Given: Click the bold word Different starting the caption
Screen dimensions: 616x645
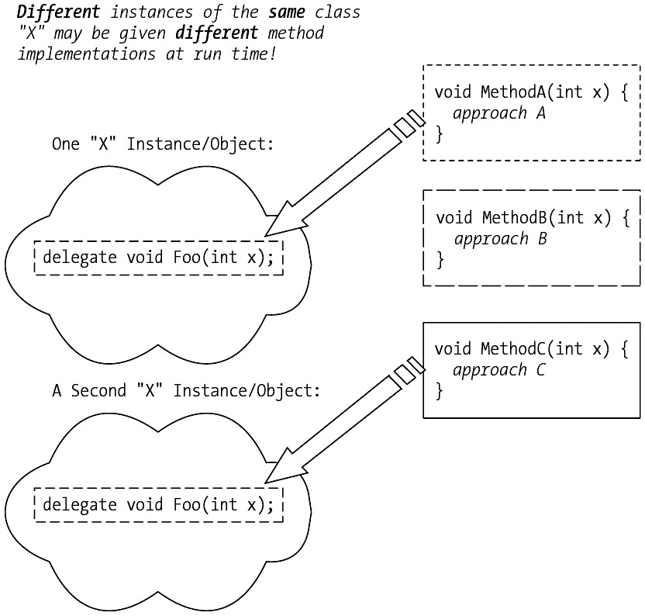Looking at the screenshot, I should pos(60,13).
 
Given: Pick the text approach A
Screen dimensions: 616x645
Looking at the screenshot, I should pos(499,113).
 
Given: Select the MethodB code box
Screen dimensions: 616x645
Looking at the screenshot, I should pos(532,237).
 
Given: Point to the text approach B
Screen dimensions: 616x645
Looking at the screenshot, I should pos(501,238).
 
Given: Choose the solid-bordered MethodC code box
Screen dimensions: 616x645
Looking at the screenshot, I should pos(532,370).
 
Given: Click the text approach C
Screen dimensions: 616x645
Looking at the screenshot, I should pos(498,370).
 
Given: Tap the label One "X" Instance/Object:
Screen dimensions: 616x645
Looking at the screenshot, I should pos(163,144).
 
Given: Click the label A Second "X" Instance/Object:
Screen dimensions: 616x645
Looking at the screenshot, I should pos(186,390).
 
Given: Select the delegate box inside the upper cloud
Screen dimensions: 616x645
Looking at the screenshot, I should pos(159,258).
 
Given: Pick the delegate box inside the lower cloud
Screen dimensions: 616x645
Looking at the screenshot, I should pos(159,505).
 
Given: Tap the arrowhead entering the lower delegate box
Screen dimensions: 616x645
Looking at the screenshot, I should pos(283,467).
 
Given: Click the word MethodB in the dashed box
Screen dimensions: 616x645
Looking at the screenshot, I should pos(517,217).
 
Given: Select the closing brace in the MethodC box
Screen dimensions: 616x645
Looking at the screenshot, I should pos(439,390).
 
